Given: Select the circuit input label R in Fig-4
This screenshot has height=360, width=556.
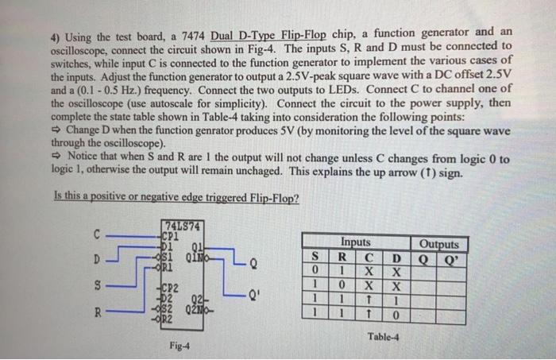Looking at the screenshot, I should tap(97, 312).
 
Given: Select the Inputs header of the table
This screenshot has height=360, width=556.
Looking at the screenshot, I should tap(355, 242).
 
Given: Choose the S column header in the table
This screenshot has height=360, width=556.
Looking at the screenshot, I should tap(315, 257).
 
